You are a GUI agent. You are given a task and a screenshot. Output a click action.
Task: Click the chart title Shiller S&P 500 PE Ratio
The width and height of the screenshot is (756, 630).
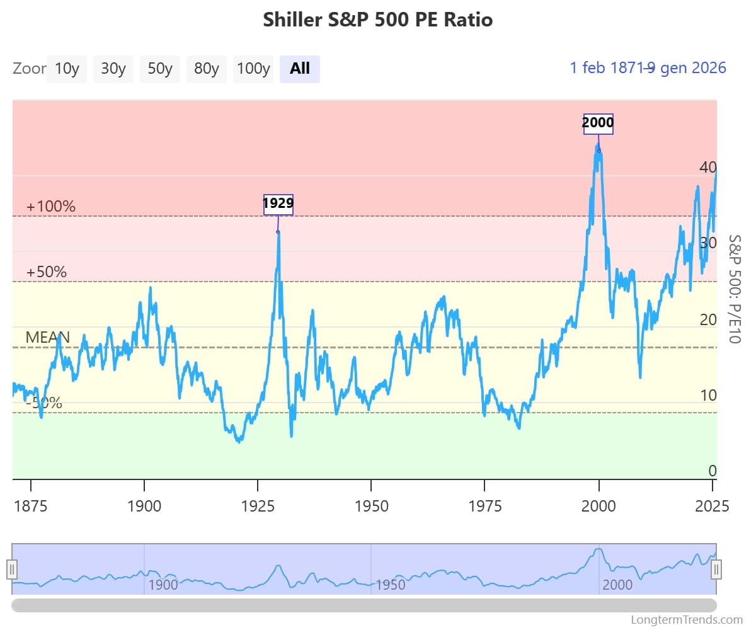[x=377, y=20]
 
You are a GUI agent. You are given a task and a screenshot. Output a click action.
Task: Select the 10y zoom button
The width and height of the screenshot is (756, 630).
[x=67, y=69]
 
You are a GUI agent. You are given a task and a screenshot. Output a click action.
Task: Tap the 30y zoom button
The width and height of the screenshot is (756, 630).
[x=113, y=69]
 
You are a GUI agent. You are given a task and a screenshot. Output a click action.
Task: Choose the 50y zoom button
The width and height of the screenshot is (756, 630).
[x=160, y=69]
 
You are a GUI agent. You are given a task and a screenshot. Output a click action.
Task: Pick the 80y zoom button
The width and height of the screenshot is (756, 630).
[x=207, y=69]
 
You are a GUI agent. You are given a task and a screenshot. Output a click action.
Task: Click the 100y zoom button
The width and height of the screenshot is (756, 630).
[x=253, y=69]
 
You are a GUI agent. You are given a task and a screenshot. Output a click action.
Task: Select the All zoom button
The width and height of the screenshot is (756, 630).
[x=300, y=69]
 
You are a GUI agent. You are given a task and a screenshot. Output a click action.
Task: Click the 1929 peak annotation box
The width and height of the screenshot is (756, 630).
[x=278, y=204]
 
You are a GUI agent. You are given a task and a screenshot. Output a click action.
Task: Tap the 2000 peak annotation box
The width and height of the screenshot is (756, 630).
[x=598, y=123]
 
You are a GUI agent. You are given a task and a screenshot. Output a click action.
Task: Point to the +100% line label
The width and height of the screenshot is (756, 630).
[x=51, y=207]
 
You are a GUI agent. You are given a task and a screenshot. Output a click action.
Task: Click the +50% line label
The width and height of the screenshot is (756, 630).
[x=47, y=272]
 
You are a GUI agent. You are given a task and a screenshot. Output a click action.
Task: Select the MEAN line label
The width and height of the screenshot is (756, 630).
[x=47, y=337]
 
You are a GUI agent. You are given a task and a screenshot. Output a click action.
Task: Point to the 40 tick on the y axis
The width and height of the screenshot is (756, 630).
[x=707, y=168]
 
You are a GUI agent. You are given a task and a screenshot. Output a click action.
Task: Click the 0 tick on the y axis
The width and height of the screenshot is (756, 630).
[x=712, y=471]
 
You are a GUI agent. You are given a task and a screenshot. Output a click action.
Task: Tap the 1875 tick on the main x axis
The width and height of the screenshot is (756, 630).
[x=30, y=507]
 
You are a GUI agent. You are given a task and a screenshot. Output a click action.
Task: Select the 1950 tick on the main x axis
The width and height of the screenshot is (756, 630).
[x=371, y=507]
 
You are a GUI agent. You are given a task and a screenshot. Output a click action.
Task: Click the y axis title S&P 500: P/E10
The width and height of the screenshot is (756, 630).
[x=735, y=289]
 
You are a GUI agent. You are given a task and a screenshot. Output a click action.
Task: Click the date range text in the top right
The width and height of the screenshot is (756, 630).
[x=648, y=68]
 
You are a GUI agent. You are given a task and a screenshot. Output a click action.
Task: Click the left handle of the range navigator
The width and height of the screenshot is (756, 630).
[x=12, y=570]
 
